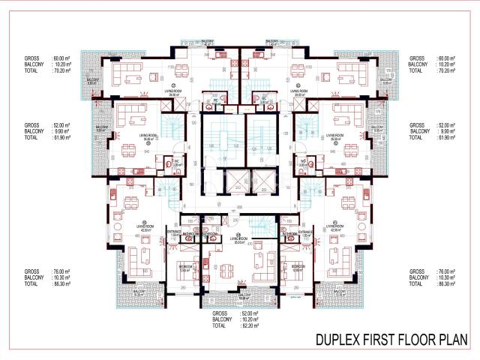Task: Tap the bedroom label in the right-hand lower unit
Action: tap(298, 267)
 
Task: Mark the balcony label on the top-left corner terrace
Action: tap(92, 80)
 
